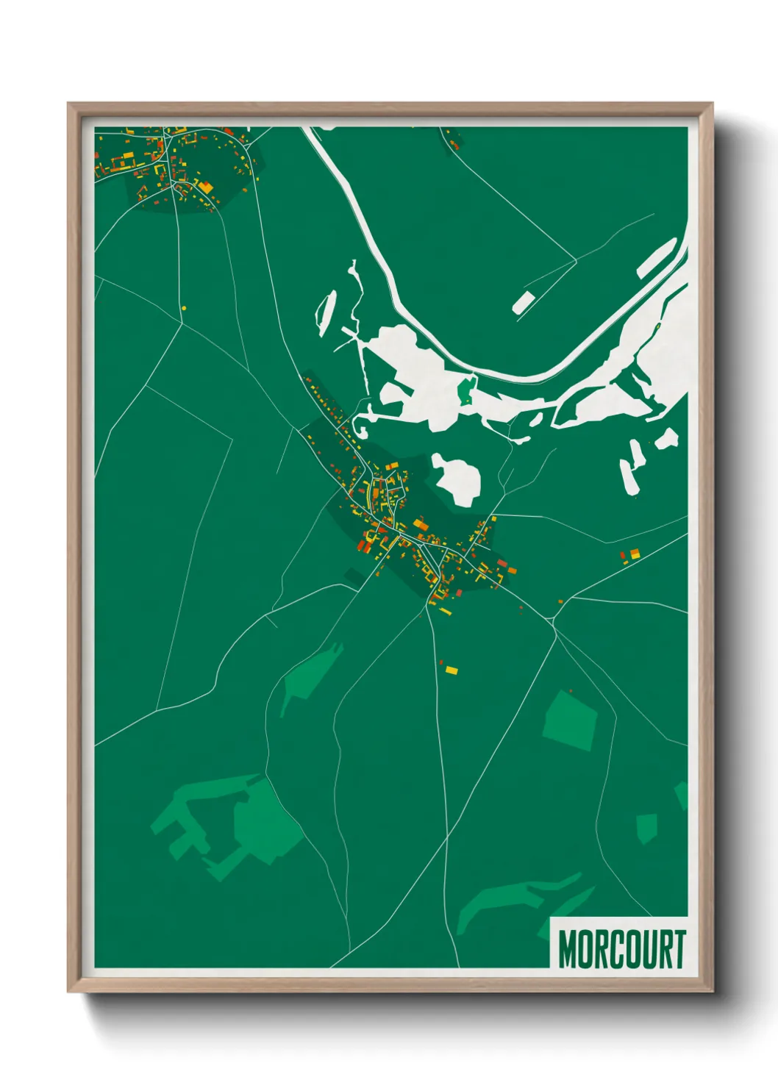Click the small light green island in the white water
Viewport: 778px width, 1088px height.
pyautogui.click(x=466, y=390)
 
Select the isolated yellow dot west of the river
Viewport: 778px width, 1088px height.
pyautogui.click(x=184, y=308)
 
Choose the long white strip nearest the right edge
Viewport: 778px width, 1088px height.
pyautogui.click(x=657, y=258)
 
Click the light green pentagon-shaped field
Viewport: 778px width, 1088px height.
pyautogui.click(x=569, y=720)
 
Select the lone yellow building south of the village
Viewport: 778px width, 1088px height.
pyautogui.click(x=451, y=670)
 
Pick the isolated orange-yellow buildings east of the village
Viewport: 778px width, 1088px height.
pyautogui.click(x=632, y=554)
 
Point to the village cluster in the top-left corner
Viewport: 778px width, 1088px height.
pyautogui.click(x=173, y=165)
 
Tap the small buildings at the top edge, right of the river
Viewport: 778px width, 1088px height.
pyautogui.click(x=452, y=140)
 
